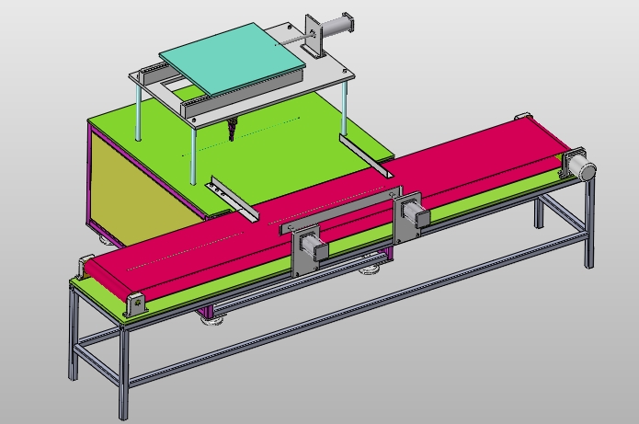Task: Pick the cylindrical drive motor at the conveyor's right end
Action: [579, 166]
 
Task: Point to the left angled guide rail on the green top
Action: [234, 199]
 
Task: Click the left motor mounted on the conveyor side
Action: [310, 248]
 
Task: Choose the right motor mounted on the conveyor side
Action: [413, 213]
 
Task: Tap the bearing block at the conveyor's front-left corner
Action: [137, 304]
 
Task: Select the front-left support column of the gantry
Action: [193, 152]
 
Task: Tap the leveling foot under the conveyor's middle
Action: [371, 269]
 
